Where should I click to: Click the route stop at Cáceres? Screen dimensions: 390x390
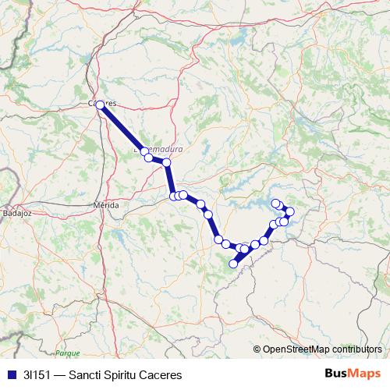pyautogui.click(x=100, y=105)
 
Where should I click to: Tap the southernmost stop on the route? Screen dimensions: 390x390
pyautogui.click(x=232, y=264)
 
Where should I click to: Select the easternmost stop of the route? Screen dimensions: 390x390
pyautogui.click(x=290, y=211)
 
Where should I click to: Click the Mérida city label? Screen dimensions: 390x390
pyautogui.click(x=106, y=204)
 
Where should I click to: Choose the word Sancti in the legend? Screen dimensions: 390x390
pyautogui.click(x=86, y=374)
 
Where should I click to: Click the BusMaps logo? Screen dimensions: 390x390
pyautogui.click(x=353, y=373)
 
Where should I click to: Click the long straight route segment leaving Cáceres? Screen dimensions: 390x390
pyautogui.click(x=122, y=129)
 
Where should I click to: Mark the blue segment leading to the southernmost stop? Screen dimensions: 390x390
pyautogui.click(x=239, y=257)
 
